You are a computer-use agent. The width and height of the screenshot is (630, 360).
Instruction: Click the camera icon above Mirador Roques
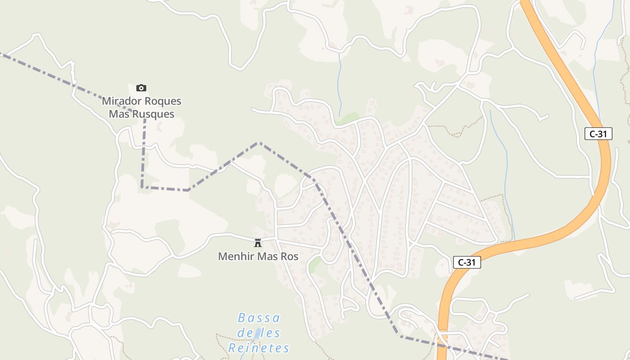(141, 88)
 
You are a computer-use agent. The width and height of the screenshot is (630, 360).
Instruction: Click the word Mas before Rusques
(119, 114)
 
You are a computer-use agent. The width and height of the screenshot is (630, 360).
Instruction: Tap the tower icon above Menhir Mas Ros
(258, 243)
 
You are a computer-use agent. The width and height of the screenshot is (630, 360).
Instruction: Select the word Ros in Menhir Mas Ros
(289, 256)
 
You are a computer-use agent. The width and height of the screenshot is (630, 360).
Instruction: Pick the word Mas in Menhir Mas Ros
(267, 256)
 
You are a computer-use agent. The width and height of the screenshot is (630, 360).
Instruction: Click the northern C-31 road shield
(598, 134)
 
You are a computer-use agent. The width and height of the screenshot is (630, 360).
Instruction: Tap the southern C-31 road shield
(467, 262)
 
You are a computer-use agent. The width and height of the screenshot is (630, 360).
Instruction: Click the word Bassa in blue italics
(259, 318)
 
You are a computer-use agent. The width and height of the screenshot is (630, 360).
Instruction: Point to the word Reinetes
(259, 348)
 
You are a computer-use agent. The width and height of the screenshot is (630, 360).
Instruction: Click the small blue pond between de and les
(257, 334)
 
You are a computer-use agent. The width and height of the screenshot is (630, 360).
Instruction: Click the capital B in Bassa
(242, 318)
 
